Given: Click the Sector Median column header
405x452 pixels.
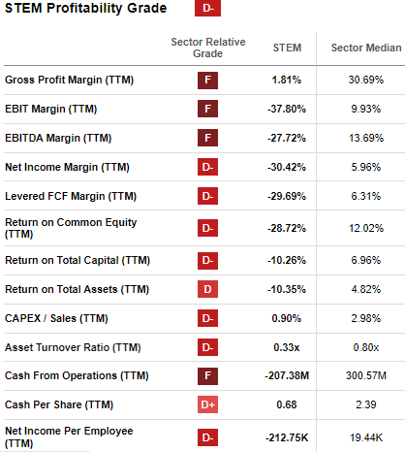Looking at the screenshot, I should click(359, 48).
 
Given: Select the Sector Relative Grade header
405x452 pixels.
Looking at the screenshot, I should click(207, 48).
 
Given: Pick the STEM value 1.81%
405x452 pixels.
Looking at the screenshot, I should click(288, 79).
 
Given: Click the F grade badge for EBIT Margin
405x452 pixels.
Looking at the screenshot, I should click(207, 109).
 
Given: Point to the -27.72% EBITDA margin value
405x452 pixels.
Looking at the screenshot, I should click(288, 138).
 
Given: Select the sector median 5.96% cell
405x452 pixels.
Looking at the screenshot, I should click(359, 168).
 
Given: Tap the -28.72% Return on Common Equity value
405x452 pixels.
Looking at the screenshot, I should click(288, 229).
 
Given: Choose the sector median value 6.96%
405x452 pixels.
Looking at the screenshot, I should click(359, 261).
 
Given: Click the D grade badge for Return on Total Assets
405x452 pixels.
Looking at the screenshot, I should click(207, 290).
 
